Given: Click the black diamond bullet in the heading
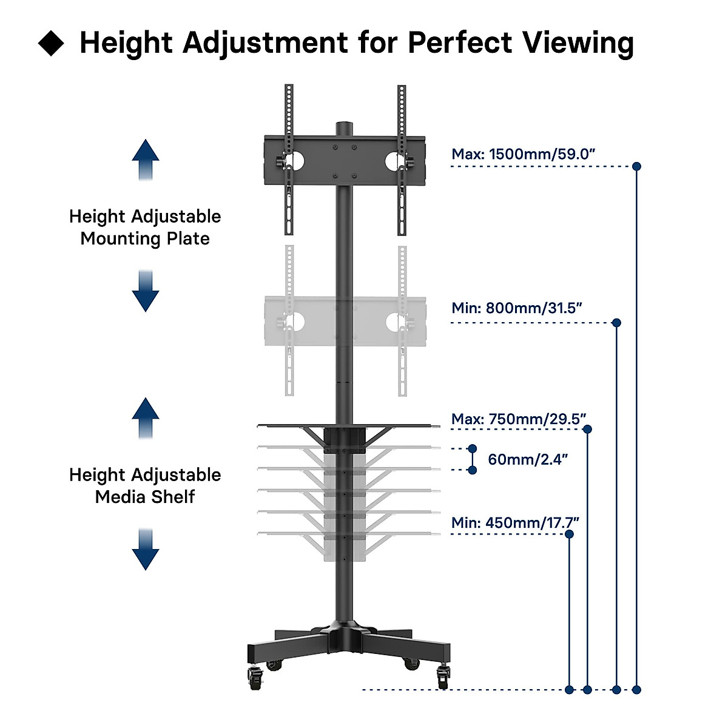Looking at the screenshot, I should click(x=51, y=44).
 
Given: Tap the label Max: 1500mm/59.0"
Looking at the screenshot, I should click(x=523, y=154).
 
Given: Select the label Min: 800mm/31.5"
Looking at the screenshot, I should click(x=516, y=308).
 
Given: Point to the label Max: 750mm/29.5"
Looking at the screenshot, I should click(x=519, y=419).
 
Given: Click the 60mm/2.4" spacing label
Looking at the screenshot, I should click(x=528, y=459).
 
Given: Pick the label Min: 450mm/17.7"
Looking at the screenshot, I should click(x=515, y=523).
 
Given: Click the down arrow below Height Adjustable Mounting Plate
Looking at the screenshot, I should click(x=146, y=291).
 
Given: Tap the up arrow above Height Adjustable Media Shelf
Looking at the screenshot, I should click(x=146, y=418).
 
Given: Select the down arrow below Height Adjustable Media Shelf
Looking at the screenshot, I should click(x=146, y=549).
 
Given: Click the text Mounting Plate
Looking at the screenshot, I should click(x=145, y=238).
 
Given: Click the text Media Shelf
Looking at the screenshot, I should click(x=145, y=497).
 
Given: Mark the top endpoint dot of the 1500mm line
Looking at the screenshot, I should click(x=636, y=166).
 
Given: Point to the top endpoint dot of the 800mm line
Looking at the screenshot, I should click(x=616, y=323).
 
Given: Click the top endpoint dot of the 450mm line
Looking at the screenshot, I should click(x=569, y=534).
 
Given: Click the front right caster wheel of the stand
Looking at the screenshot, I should click(x=443, y=676).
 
